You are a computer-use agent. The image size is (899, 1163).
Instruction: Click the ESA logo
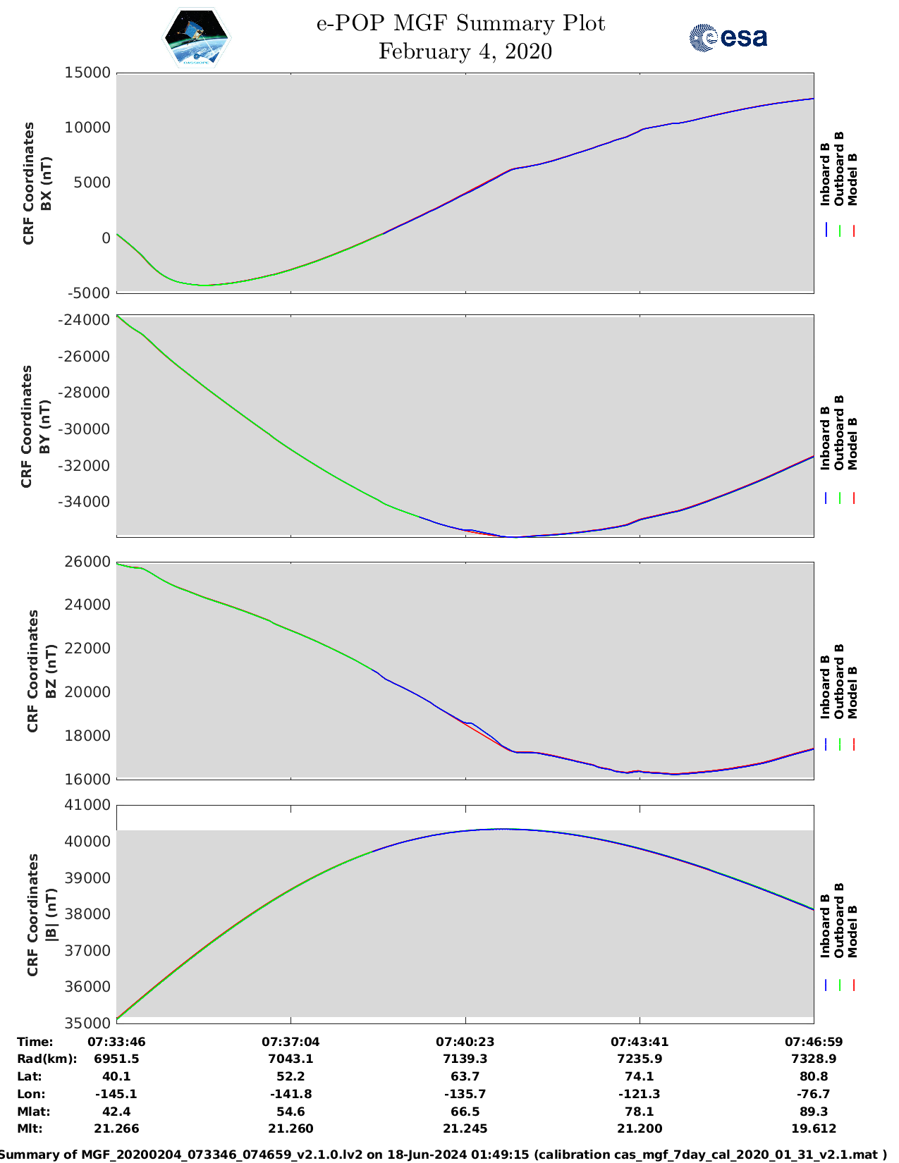click(728, 37)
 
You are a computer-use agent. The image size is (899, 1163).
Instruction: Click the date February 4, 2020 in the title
click(465, 51)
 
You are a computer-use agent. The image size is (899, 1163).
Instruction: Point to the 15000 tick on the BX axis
click(87, 73)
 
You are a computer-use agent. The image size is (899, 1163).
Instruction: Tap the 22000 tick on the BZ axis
click(87, 648)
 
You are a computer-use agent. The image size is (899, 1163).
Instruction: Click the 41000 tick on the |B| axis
click(87, 805)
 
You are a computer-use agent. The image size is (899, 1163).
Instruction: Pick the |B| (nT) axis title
click(51, 915)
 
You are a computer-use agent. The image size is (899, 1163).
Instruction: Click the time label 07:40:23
click(465, 1042)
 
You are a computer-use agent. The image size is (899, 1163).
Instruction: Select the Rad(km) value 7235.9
click(639, 1059)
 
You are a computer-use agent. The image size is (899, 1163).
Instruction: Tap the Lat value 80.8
click(814, 1076)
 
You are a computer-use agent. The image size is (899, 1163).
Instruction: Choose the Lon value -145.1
click(116, 1094)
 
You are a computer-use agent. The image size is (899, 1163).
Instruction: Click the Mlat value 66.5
click(465, 1112)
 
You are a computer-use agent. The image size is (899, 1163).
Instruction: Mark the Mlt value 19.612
click(814, 1128)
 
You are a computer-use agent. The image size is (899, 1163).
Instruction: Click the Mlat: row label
click(31, 1112)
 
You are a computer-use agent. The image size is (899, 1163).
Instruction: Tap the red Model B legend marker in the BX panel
click(853, 230)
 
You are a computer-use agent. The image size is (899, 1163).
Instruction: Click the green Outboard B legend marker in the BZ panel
click(840, 744)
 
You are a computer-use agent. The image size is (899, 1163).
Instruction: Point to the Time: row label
click(35, 1042)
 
